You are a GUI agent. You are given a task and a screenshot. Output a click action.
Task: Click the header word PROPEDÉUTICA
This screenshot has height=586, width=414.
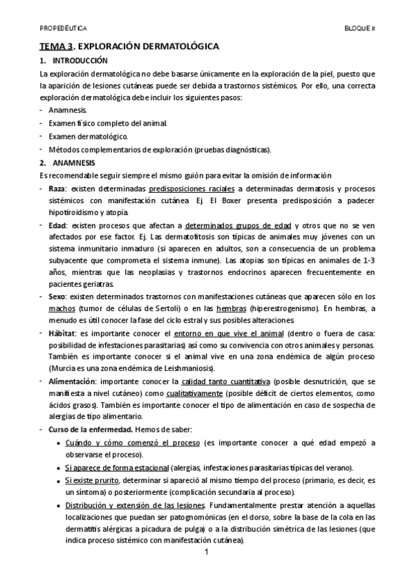pyautogui.click(x=63, y=29)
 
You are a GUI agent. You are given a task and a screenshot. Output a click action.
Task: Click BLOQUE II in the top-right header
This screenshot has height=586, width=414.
pyautogui.click(x=359, y=29)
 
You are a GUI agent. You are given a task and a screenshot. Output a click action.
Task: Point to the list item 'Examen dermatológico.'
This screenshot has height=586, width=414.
pyautogui.click(x=88, y=136)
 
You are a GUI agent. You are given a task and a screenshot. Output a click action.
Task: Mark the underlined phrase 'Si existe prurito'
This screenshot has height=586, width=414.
pyautogui.click(x=93, y=480)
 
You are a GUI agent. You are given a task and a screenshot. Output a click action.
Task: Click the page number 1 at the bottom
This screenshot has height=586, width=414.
pyautogui.click(x=207, y=554)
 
